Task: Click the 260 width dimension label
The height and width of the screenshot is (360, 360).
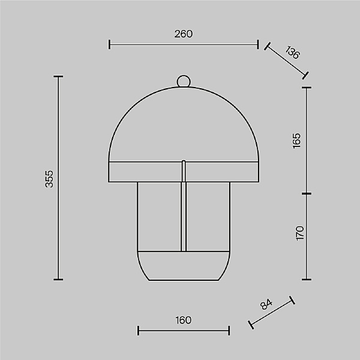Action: (x=184, y=34)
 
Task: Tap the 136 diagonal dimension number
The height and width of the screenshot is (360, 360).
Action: (x=293, y=52)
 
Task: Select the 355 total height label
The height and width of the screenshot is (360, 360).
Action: (x=49, y=179)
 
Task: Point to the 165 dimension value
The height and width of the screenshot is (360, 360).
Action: (x=296, y=140)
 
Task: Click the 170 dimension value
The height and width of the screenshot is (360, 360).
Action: (x=299, y=233)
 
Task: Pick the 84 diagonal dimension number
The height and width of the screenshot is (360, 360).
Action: (x=266, y=304)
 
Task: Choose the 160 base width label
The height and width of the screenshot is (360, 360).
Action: (x=183, y=320)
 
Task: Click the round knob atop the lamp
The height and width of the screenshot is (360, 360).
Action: (x=184, y=81)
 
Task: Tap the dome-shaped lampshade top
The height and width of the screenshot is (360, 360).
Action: (x=184, y=124)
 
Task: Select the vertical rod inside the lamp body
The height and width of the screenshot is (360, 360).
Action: (x=184, y=206)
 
